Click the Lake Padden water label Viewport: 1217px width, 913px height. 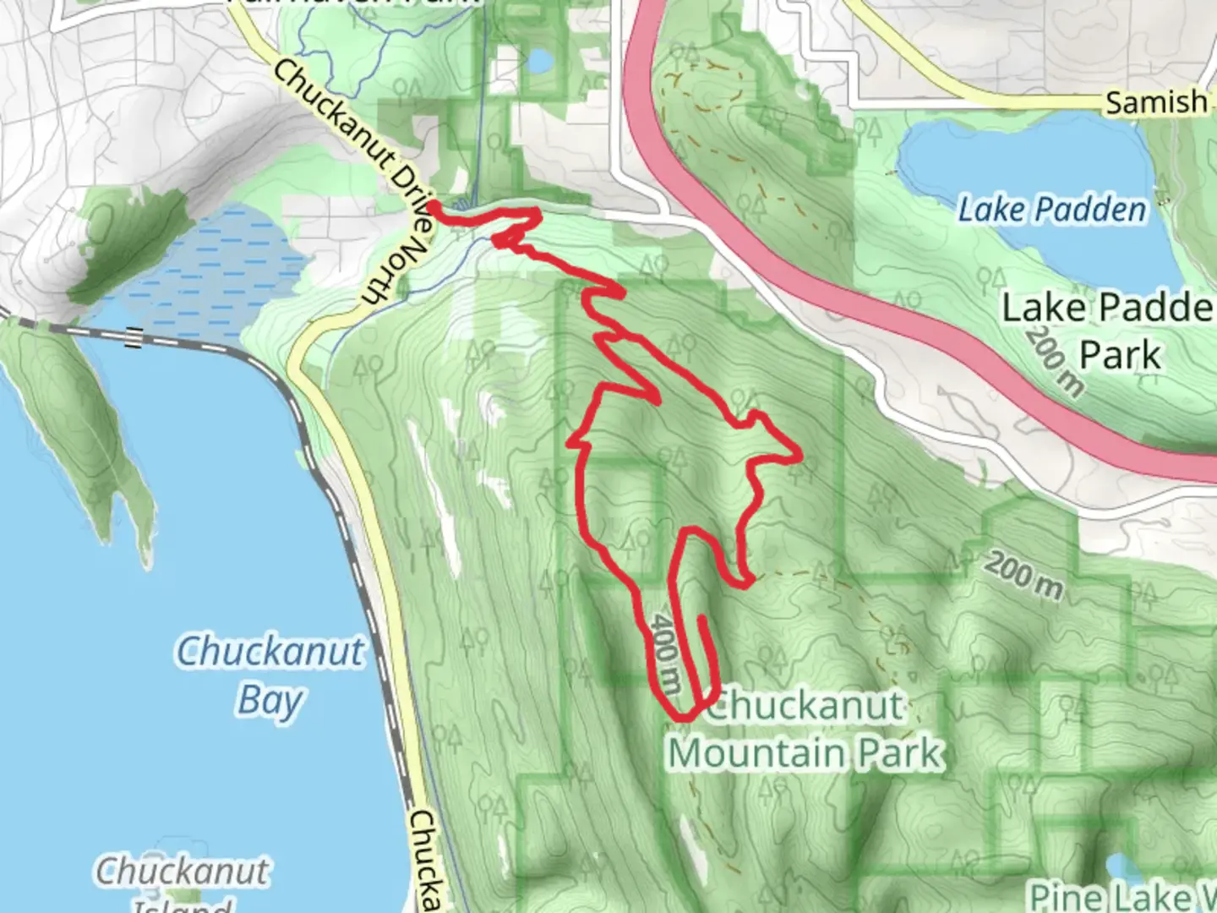[1051, 209]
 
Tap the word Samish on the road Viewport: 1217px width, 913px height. [1156, 102]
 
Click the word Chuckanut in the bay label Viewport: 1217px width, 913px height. [270, 652]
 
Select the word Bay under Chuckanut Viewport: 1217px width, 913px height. [270, 701]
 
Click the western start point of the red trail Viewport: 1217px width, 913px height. [432, 205]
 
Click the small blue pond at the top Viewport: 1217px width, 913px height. [539, 61]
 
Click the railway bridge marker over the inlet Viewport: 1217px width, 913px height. [132, 337]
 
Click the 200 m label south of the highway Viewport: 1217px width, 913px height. [1023, 576]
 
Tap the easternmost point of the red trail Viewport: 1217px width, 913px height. [799, 457]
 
